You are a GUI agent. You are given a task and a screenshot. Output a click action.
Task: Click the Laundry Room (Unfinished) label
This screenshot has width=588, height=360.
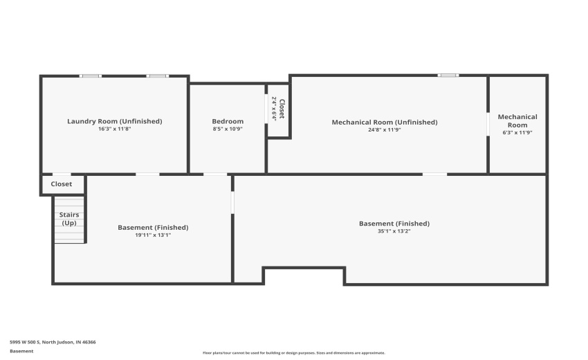(114, 121)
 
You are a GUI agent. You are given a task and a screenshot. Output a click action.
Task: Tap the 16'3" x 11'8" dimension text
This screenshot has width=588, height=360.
(114, 129)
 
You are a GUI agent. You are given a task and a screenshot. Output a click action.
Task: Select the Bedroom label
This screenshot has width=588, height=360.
(228, 121)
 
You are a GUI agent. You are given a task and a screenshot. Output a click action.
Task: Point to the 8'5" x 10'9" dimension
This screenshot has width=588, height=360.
(228, 129)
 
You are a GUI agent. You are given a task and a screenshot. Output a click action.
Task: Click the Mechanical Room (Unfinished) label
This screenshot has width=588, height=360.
(385, 122)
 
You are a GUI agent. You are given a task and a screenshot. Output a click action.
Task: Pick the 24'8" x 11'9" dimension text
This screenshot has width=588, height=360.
(385, 130)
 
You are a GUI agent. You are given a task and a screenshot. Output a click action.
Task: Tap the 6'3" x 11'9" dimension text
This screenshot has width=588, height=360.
(517, 132)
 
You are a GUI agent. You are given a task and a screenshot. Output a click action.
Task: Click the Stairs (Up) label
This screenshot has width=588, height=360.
(69, 219)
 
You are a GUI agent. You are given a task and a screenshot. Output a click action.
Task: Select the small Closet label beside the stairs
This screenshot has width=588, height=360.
(62, 184)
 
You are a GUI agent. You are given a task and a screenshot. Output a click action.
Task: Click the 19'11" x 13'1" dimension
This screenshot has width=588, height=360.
(153, 235)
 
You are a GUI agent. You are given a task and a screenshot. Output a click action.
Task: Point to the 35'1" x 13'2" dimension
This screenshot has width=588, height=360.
(394, 231)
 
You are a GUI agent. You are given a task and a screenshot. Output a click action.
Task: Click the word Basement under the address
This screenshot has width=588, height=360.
(21, 351)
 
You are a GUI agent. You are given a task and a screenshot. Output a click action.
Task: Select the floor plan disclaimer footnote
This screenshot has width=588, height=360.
(293, 352)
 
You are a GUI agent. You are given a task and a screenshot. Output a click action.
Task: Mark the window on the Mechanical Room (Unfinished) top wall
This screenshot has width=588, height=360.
(448, 75)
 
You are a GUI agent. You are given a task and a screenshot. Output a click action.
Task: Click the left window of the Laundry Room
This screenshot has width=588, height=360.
(91, 75)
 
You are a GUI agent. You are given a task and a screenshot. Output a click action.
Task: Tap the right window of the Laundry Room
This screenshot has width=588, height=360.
(157, 75)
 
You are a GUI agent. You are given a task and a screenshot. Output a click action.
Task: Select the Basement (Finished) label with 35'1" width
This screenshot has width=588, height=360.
(394, 223)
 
